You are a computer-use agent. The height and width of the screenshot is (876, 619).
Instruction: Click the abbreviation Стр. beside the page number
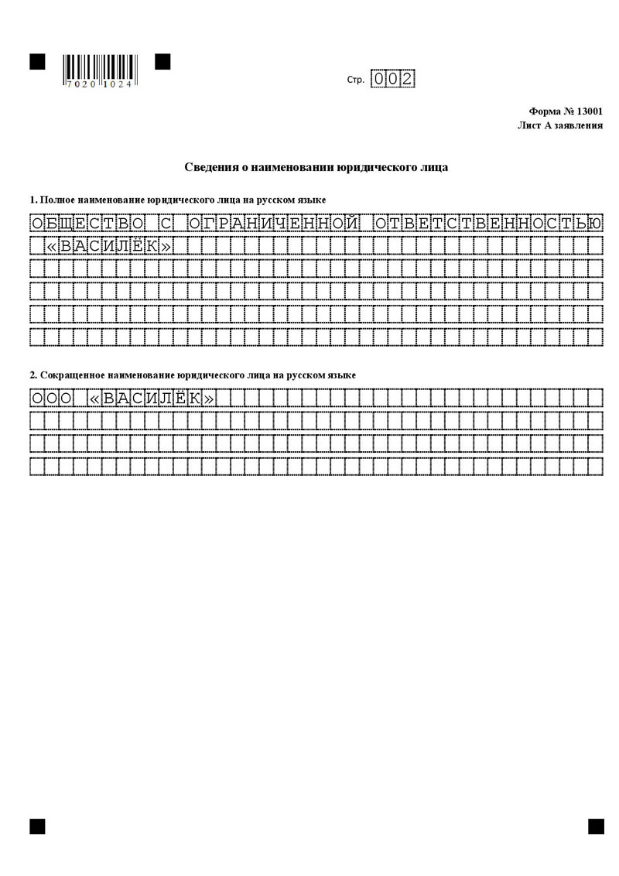(x=356, y=80)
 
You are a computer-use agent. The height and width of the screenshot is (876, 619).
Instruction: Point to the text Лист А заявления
(x=560, y=125)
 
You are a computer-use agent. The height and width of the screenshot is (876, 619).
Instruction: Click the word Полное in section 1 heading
(x=57, y=200)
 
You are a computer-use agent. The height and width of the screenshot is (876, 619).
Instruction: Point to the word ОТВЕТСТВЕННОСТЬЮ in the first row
(x=487, y=224)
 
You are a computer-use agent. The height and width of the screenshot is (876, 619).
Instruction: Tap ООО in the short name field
(x=51, y=399)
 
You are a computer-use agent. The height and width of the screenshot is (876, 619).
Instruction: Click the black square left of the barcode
(x=37, y=62)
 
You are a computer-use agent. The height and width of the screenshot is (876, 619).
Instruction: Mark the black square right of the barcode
(x=162, y=62)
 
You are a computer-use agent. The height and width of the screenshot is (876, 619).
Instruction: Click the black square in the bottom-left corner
(x=37, y=826)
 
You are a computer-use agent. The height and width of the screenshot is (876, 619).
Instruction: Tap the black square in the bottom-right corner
(x=596, y=826)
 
